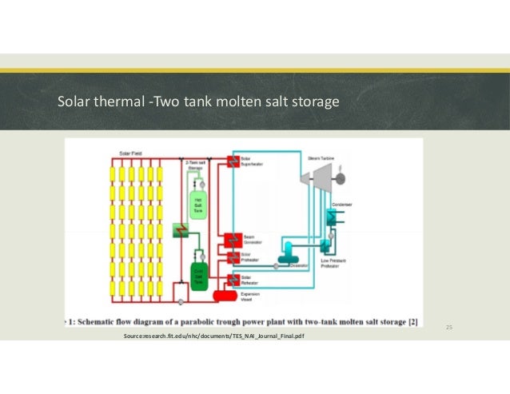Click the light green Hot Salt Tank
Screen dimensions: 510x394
[x=196, y=205]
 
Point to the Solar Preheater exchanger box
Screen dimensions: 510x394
[x=233, y=257]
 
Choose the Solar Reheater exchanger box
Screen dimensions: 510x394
[x=233, y=279]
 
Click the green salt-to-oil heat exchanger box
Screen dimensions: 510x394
[x=180, y=231]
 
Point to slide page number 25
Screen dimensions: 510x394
[x=448, y=328]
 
